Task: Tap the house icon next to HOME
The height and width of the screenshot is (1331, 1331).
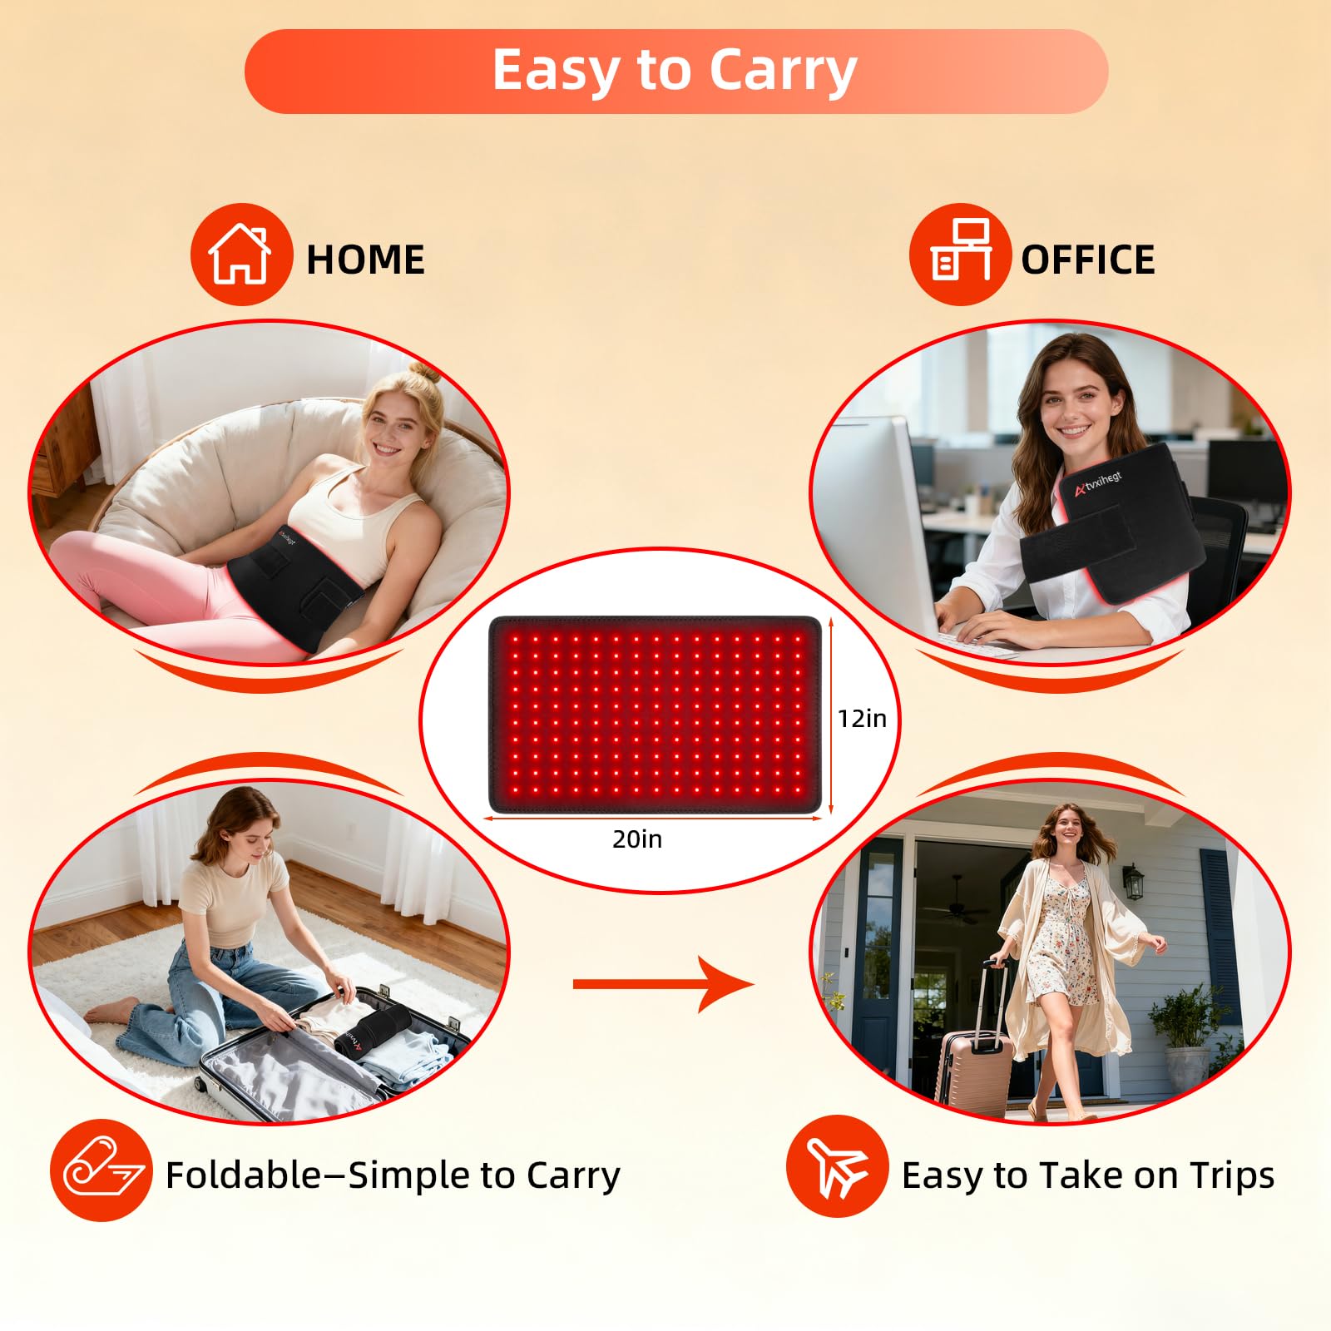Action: click(x=240, y=255)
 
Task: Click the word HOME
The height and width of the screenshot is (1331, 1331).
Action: click(x=365, y=260)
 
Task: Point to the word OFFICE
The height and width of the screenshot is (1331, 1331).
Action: click(x=1087, y=260)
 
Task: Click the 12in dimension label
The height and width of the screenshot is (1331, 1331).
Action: click(x=862, y=718)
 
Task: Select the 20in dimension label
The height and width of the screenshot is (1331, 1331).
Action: click(x=637, y=839)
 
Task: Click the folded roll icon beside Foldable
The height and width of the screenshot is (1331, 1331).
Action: click(x=101, y=1170)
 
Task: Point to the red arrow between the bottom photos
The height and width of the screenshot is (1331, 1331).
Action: click(x=663, y=984)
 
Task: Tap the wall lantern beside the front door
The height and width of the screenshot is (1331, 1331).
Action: click(x=1133, y=882)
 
